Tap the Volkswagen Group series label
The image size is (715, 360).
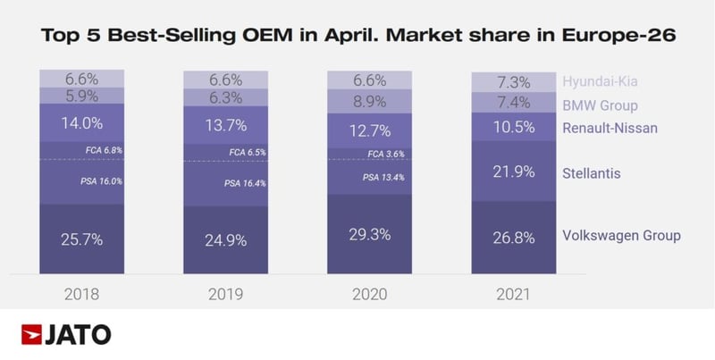622,235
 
